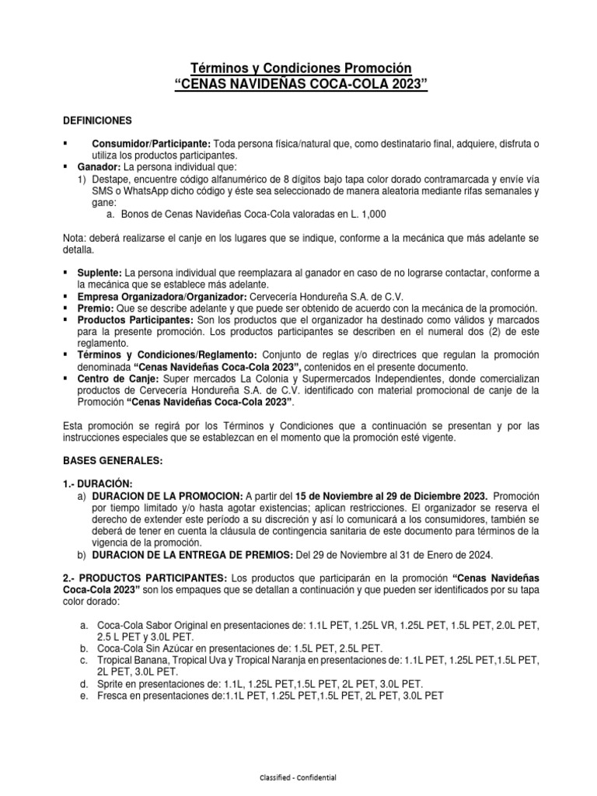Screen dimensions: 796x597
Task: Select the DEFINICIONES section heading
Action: pos(97,120)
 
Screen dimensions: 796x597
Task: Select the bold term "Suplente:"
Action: pos(99,273)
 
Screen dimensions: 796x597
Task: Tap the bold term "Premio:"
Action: pos(96,308)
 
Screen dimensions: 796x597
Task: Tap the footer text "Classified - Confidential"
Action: pos(298,777)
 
